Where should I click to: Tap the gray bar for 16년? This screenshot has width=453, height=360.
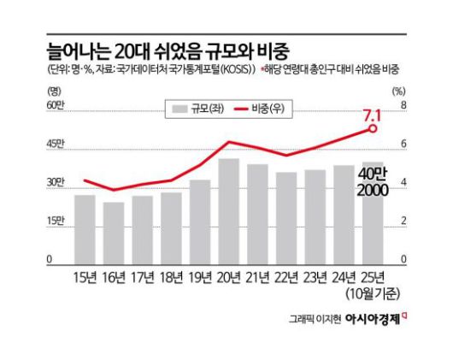(x=114, y=232)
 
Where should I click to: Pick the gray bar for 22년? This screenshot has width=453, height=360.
(x=286, y=217)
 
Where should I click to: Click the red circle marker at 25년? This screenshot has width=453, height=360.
(x=373, y=128)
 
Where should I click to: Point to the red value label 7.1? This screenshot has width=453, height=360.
(x=373, y=113)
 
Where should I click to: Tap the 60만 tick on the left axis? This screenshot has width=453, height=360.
(x=56, y=104)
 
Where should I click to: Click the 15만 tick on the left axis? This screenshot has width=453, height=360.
(x=56, y=221)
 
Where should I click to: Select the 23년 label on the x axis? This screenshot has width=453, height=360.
(x=315, y=276)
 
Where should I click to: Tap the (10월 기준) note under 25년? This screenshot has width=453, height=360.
(x=373, y=293)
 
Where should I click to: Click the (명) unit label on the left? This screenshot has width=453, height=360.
(x=56, y=89)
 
